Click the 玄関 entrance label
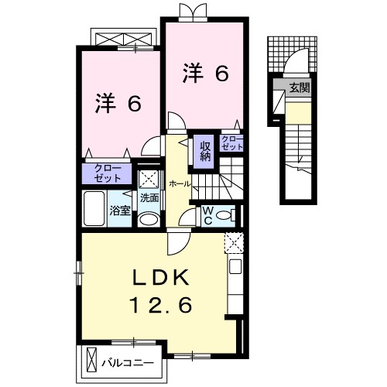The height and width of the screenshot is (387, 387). coord(299,88)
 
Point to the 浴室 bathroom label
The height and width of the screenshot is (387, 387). coord(118,210)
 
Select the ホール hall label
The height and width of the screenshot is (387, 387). coord(180,183)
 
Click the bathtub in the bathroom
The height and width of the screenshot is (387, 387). coord(94,209)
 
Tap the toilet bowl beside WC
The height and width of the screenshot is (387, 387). coord(224,215)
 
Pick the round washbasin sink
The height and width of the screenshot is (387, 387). coord(149,220)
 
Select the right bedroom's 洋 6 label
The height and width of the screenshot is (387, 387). coord(205,74)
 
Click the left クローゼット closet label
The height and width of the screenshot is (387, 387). coord(108,173)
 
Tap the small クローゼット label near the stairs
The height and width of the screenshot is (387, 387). coord(231,142)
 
